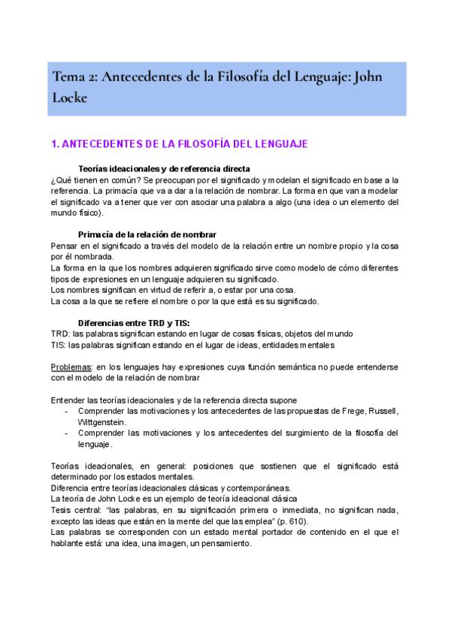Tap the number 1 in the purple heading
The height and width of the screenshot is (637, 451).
[53, 143]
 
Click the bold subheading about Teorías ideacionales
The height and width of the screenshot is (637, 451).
[164, 168]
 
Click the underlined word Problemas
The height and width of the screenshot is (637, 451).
[71, 367]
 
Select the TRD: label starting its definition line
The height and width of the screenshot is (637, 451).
[60, 334]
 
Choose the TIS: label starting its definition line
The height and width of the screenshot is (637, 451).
[59, 344]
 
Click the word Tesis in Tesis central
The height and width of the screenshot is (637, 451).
[61, 510]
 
